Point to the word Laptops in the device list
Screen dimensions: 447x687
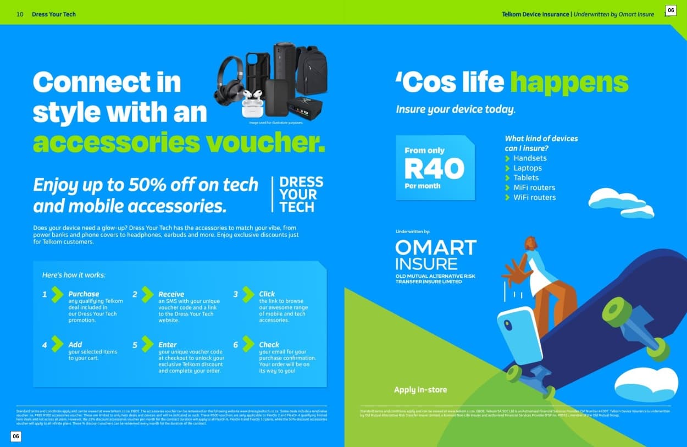pos(527,168)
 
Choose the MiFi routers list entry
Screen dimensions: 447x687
pos(534,187)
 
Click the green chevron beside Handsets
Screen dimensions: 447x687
pos(508,158)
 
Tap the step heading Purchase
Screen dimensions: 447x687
pos(84,294)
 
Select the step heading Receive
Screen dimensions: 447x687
pos(171,294)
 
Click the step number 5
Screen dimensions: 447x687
pos(135,345)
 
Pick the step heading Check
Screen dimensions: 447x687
pos(269,345)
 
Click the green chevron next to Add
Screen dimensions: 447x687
pos(57,344)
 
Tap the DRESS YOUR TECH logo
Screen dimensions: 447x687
pos(301,194)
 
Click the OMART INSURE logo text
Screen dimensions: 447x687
pos(435,255)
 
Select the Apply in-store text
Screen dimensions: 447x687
pos(420,390)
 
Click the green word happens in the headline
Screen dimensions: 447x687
pos(569,82)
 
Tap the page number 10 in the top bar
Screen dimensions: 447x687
pos(20,14)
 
